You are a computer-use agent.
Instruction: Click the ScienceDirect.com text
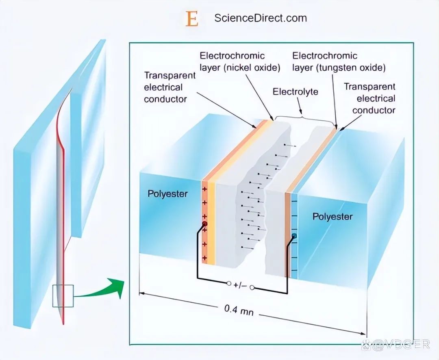click(x=261, y=18)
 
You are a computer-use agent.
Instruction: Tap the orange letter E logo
click(x=192, y=19)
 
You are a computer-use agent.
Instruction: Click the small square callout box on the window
click(x=63, y=296)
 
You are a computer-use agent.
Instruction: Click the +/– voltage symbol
click(x=241, y=286)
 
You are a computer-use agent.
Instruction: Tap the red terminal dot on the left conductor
click(x=204, y=224)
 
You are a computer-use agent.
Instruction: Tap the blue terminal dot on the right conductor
click(x=294, y=236)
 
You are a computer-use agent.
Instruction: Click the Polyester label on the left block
click(x=167, y=193)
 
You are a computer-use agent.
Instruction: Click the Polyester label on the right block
click(x=332, y=216)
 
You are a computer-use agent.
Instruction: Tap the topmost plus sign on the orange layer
click(x=204, y=189)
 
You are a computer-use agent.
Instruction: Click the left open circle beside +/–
click(x=229, y=283)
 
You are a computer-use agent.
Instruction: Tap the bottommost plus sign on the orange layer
click(x=204, y=258)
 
